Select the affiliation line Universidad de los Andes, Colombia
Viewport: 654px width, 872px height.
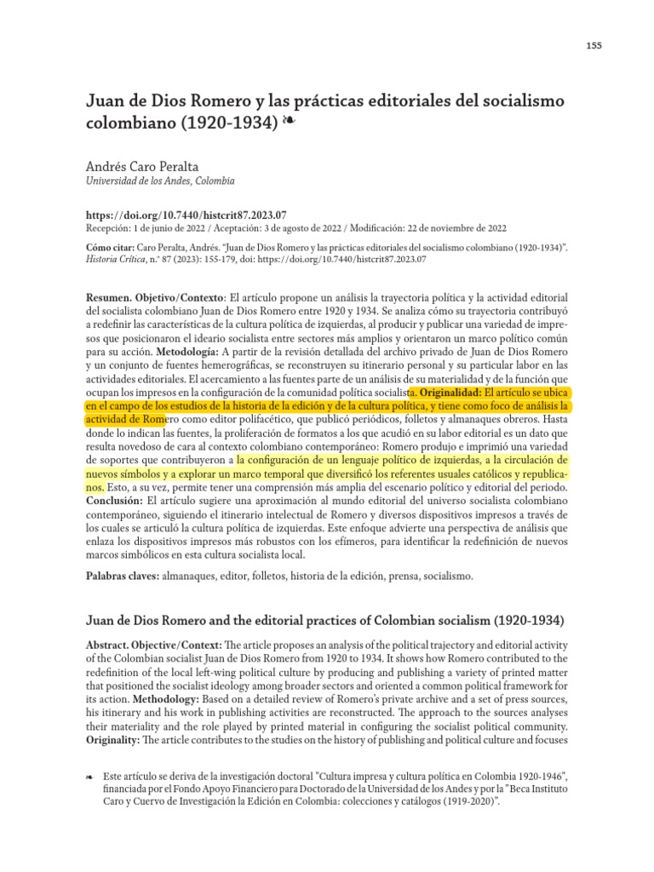click(161, 181)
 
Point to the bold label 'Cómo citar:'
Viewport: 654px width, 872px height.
click(108, 248)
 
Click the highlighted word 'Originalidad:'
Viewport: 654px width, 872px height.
click(450, 393)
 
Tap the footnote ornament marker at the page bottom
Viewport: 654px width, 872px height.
click(91, 777)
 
